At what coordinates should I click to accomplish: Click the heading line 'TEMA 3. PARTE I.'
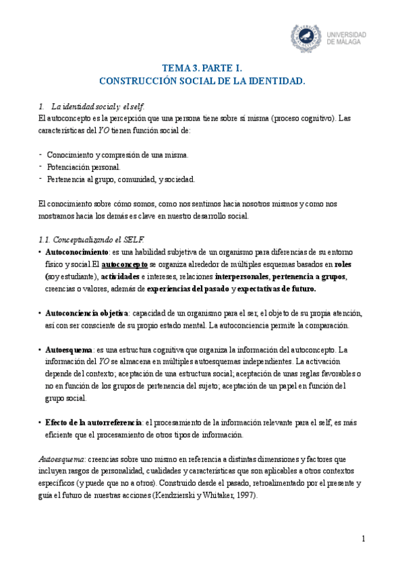[x=202, y=68]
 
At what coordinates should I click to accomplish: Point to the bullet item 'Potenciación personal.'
[x=84, y=167]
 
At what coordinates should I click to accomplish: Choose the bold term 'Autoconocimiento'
[x=71, y=252]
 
